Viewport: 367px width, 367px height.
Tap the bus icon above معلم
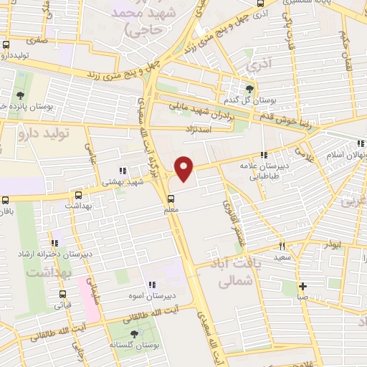[x=171, y=199]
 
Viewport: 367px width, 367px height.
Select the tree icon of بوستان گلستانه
[x=134, y=334]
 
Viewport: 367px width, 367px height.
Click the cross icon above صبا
[x=304, y=285]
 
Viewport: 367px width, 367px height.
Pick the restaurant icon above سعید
[x=282, y=244]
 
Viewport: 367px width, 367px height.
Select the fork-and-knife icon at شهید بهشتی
[x=123, y=171]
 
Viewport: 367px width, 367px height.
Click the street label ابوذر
[x=332, y=243]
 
